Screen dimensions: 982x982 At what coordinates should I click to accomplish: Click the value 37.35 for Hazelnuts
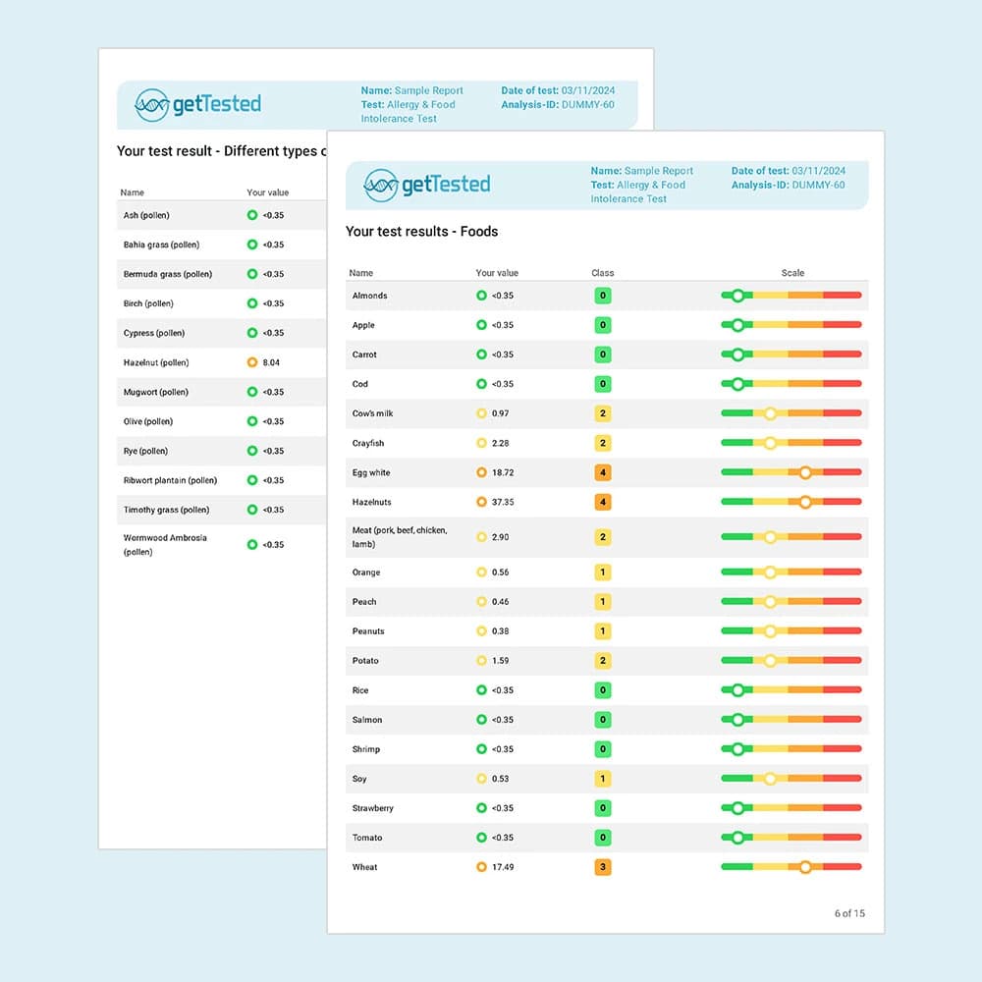click(503, 502)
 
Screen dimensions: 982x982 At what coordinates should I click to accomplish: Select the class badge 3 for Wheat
click(603, 867)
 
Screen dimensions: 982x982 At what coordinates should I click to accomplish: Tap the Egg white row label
click(371, 472)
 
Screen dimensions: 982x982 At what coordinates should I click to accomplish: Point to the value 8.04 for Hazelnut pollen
click(271, 362)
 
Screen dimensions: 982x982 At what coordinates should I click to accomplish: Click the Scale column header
click(792, 273)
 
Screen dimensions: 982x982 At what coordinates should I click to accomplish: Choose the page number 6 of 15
click(849, 913)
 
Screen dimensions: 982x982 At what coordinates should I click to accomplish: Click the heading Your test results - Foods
click(421, 232)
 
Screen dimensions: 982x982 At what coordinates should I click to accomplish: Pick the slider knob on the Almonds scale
click(737, 296)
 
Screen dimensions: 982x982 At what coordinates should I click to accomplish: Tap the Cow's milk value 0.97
click(501, 413)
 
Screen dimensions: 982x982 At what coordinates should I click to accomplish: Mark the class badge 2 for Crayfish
click(603, 443)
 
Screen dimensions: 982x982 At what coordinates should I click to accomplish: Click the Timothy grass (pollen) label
click(166, 510)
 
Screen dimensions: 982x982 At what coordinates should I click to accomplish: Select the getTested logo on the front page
click(427, 185)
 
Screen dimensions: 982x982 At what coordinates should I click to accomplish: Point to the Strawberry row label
click(373, 808)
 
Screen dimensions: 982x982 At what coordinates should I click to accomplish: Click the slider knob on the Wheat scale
click(805, 867)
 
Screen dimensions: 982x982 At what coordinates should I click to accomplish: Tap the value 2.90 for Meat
click(501, 537)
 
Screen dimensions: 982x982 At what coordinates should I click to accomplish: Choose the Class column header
click(602, 273)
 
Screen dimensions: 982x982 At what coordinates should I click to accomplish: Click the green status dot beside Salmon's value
click(481, 720)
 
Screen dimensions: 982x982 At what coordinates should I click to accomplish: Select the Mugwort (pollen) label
click(155, 392)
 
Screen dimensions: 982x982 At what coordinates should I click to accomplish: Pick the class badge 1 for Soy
click(603, 779)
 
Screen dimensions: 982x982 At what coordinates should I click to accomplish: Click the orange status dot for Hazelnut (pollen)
click(252, 362)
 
